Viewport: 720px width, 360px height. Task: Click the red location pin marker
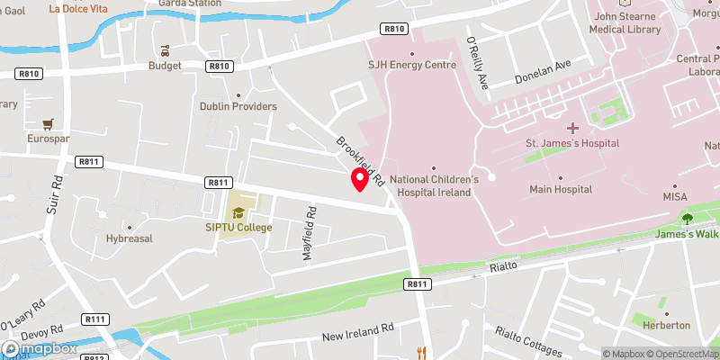360,178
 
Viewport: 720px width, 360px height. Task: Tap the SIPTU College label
238,228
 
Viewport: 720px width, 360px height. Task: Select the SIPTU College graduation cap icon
238,213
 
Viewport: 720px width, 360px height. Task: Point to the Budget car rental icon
165,50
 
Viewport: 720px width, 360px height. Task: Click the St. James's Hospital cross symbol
572,128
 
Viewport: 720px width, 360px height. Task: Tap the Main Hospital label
560,189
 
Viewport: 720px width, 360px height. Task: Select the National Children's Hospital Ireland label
434,184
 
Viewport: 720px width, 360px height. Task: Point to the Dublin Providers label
238,106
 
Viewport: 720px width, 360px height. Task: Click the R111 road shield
95,319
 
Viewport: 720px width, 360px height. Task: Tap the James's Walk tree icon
688,218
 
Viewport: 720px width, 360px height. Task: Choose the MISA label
675,196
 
